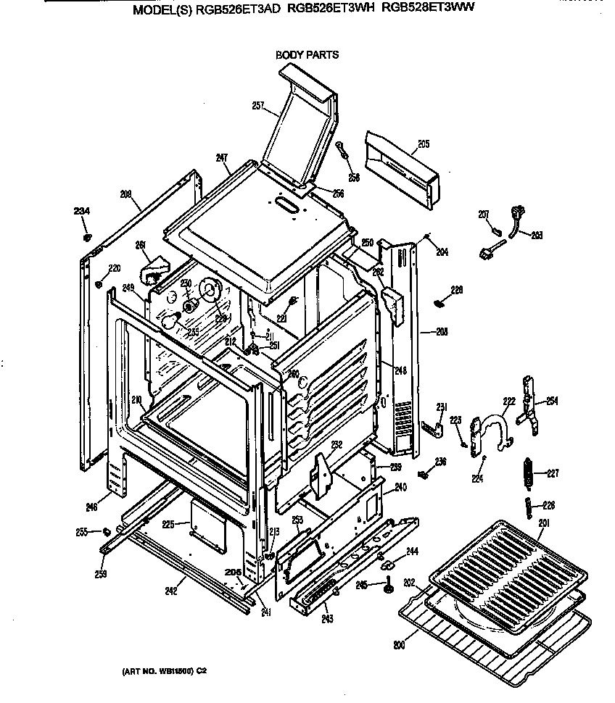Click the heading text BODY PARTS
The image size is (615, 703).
307,54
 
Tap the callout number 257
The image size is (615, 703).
257,106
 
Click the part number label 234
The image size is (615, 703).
82,211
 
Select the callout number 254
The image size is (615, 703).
552,401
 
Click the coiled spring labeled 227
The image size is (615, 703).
529,475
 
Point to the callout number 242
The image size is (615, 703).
170,591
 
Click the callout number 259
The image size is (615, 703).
100,575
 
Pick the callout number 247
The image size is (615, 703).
222,157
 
